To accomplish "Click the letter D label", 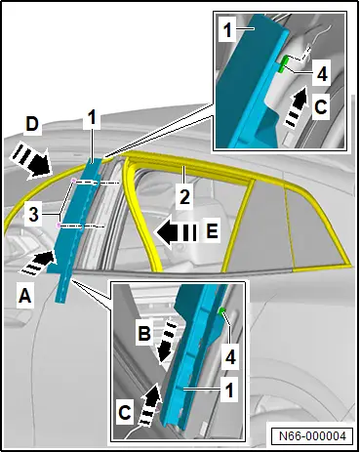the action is click(32, 125).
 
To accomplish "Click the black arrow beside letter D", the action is click(30, 162).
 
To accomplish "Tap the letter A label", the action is click(25, 297).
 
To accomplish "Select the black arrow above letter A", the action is click(37, 264).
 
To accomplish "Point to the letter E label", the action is click(212, 231).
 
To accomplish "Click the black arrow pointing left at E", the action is click(177, 232).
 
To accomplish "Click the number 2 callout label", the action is click(185, 198).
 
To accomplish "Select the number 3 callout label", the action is click(34, 215).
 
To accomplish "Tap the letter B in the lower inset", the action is click(144, 333).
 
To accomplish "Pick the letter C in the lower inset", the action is click(125, 413).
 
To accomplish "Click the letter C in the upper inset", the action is click(321, 106).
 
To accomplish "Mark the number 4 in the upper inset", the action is click(322, 74).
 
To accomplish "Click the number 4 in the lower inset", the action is click(230, 358).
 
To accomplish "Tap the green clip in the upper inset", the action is click(284, 62).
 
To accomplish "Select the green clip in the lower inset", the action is click(222, 311).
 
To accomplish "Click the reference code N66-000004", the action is click(312, 435).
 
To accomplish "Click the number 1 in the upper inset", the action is click(227, 31).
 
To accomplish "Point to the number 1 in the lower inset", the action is click(229, 390).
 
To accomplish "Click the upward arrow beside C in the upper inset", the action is click(297, 105).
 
